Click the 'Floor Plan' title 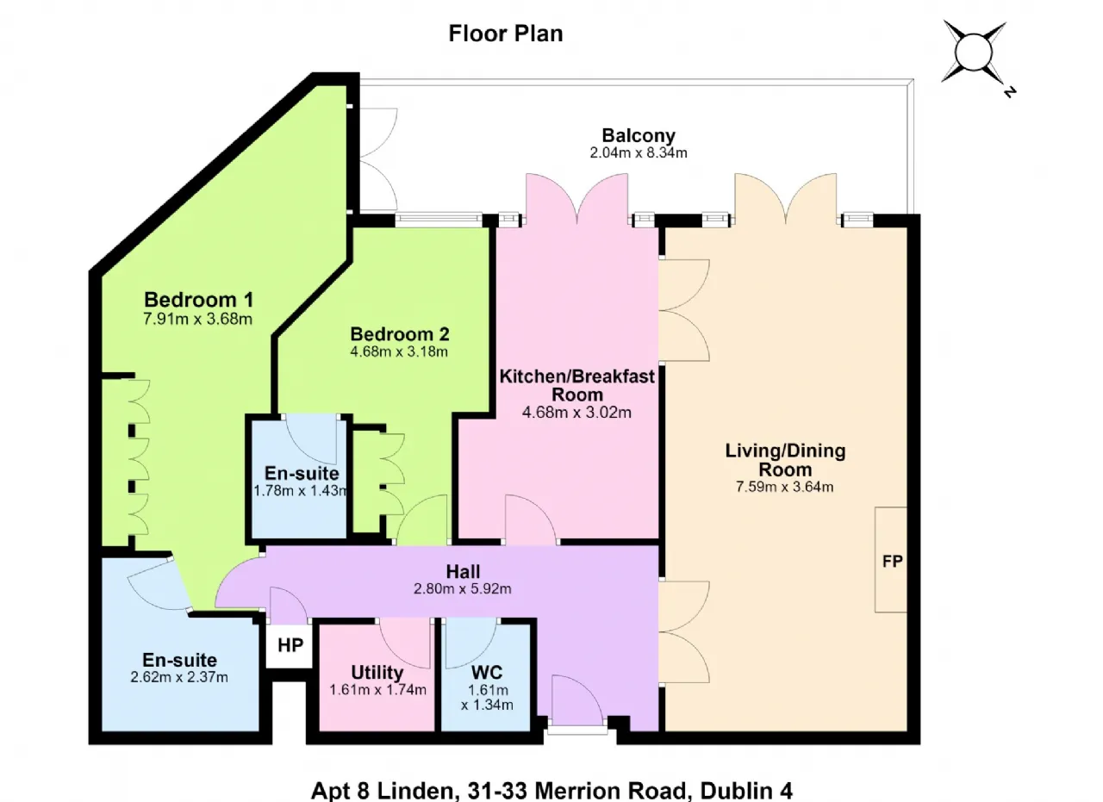[x=506, y=34]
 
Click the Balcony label [x=639, y=135]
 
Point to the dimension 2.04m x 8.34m [x=639, y=153]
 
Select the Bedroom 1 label [x=199, y=299]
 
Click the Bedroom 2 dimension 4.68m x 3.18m [x=399, y=352]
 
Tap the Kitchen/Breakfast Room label [x=577, y=385]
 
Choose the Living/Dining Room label [x=785, y=460]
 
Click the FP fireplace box [x=891, y=560]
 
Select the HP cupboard [x=290, y=645]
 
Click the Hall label [x=463, y=572]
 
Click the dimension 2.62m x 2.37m [x=179, y=677]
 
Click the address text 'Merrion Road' [x=610, y=791]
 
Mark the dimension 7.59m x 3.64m [x=785, y=487]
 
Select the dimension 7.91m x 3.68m [x=198, y=319]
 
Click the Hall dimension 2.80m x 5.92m [x=463, y=589]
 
